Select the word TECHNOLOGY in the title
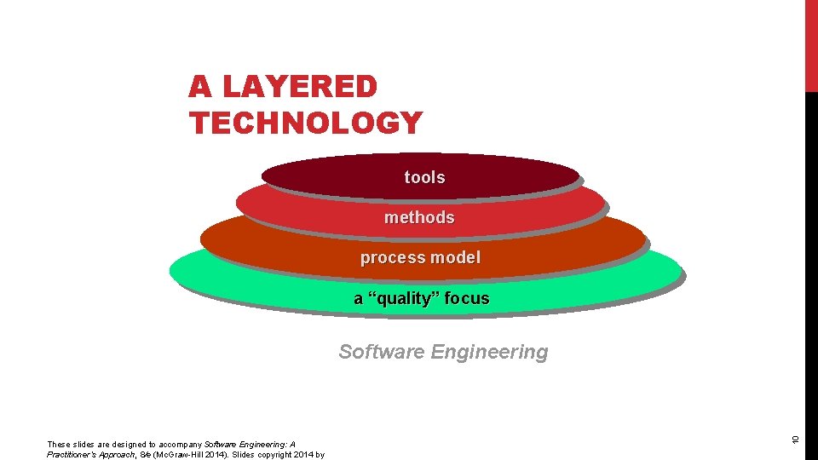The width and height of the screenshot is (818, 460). pyautogui.click(x=306, y=124)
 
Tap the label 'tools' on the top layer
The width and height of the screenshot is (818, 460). pyautogui.click(x=424, y=177)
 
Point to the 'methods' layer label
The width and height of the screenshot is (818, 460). pyautogui.click(x=419, y=217)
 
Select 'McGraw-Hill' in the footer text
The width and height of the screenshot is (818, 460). pyautogui.click(x=171, y=455)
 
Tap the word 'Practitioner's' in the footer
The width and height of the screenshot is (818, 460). pyautogui.click(x=72, y=455)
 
